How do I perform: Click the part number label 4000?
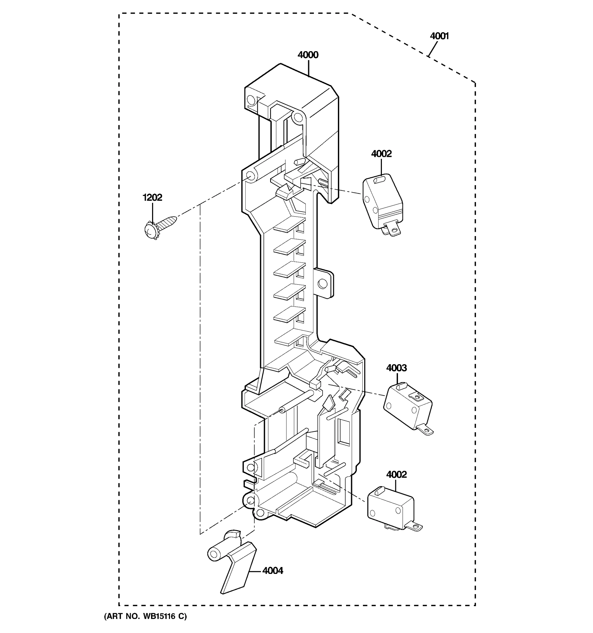point(308,55)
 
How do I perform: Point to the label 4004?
point(273,570)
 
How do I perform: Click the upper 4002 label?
point(381,154)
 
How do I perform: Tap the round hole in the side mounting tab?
point(323,283)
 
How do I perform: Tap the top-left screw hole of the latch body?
point(251,100)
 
